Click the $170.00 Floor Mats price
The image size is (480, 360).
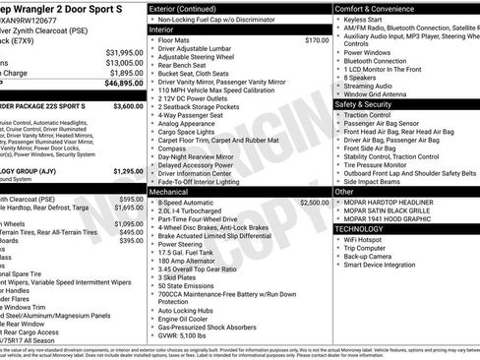point(317,40)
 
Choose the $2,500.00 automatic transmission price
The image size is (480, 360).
point(315,202)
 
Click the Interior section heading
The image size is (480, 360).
point(161,30)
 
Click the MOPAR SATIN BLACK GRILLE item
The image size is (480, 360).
point(391,209)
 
